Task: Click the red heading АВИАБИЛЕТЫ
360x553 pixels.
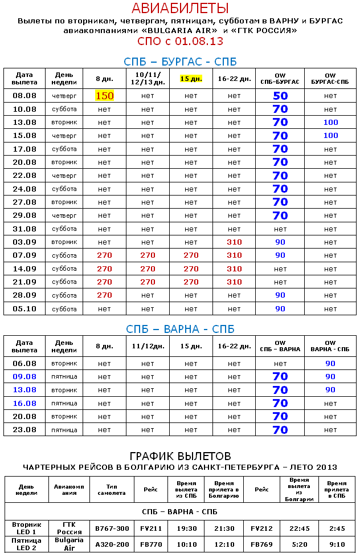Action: click(180, 8)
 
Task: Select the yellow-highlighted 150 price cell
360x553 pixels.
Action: click(104, 96)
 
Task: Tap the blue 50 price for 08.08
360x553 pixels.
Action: click(280, 96)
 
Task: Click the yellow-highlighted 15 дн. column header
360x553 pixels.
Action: click(191, 78)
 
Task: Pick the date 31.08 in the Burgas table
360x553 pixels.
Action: click(24, 229)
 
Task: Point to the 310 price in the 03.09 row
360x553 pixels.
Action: click(234, 242)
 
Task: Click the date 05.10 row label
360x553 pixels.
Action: click(24, 308)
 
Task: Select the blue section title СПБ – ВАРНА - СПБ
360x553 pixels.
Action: click(180, 330)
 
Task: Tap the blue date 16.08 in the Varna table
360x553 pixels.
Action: click(24, 403)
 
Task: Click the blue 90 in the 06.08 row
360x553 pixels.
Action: click(330, 363)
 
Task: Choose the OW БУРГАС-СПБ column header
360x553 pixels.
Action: click(330, 79)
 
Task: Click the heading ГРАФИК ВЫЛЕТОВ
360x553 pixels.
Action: click(180, 456)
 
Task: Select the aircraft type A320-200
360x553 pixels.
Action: click(112, 544)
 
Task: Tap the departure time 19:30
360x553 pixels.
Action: click(187, 528)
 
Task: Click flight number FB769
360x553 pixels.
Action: click(262, 544)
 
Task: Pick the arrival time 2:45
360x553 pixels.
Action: click(337, 528)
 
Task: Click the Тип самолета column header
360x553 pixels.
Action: click(112, 489)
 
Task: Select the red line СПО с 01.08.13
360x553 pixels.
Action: click(180, 41)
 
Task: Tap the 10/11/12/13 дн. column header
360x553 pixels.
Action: click(148, 78)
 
